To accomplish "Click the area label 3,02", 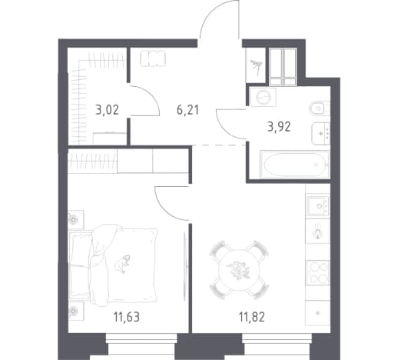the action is (x=108, y=110).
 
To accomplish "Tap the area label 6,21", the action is (x=187, y=110).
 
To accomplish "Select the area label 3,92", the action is (x=279, y=127).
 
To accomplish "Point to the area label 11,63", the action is (x=127, y=317).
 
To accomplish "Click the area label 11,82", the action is (x=252, y=317).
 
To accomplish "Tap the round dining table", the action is (x=239, y=270).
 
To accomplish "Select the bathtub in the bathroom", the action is (x=294, y=165).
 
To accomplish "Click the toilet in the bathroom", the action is (x=319, y=108).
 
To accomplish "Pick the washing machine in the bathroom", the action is (x=264, y=97).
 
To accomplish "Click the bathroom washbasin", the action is (x=320, y=133).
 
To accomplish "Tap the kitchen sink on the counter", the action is (x=318, y=205).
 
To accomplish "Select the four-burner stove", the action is (x=318, y=272).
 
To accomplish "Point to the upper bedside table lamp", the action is (x=74, y=219).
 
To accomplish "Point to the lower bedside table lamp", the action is (x=74, y=311).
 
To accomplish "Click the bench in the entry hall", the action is (x=153, y=58).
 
